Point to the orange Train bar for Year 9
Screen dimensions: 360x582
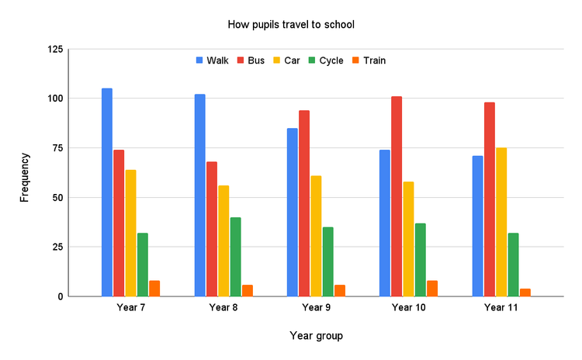coord(339,290)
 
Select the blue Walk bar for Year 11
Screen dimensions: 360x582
coord(477,226)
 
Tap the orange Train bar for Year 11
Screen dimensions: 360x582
coord(525,292)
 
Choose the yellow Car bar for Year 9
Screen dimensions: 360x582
coord(316,236)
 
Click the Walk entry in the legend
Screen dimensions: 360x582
coord(212,61)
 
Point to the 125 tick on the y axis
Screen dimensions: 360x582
coord(54,50)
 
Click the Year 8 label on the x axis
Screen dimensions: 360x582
coord(223,308)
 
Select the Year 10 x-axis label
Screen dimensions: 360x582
coord(408,308)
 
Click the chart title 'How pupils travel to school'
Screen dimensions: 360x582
coord(291,25)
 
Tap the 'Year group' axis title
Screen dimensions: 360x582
coord(316,336)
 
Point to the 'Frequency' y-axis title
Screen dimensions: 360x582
coord(25,177)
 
